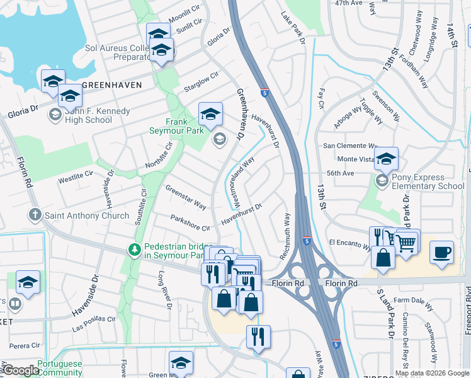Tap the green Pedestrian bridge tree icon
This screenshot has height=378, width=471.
[x=134, y=250]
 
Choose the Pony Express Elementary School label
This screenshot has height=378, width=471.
[x=428, y=181]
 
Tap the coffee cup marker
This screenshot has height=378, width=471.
[x=442, y=252]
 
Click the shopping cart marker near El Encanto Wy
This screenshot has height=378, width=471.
[x=407, y=241]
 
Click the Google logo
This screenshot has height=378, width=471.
[x=20, y=370]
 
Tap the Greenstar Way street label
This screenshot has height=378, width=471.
[x=186, y=197]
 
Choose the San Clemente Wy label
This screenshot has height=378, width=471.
[x=349, y=146]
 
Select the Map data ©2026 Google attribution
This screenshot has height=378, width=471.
[x=432, y=373]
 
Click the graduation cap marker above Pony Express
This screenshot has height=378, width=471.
[x=386, y=159]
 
